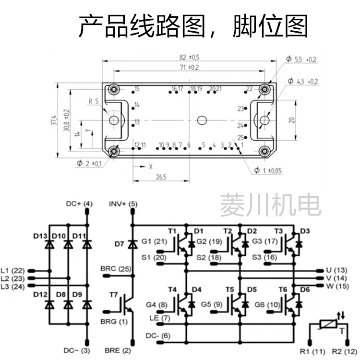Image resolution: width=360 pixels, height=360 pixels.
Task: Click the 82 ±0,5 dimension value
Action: pyautogui.click(x=189, y=57)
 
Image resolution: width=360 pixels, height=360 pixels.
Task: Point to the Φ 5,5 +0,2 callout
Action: pyautogui.click(x=301, y=59)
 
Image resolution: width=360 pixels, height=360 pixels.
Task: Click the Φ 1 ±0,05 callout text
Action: pyautogui.click(x=268, y=170)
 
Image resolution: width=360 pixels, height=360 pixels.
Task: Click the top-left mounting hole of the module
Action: pyautogui.click(x=114, y=89)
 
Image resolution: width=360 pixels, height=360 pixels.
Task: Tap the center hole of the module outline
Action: pyautogui.click(x=202, y=119)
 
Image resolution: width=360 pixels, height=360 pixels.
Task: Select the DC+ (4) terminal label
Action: pyautogui.click(x=79, y=204)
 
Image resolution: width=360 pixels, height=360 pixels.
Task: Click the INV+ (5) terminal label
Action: pyautogui.click(x=123, y=204)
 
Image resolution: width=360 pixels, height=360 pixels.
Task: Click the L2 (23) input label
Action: pyautogui.click(x=13, y=278)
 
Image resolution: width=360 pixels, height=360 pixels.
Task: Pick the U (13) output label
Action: pyautogui.click(x=336, y=270)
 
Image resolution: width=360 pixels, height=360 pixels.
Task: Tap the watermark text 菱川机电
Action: pyautogui.click(x=270, y=205)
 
